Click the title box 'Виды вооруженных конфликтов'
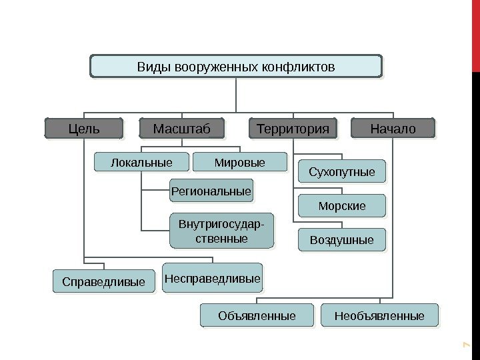(236, 67)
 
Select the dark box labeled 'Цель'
(84, 128)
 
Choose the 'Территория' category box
(293, 128)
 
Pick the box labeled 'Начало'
(392, 128)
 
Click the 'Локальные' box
(141, 162)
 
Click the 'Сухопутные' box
(342, 173)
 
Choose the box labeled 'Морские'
(342, 206)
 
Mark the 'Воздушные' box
(342, 239)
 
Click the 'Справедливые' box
(103, 282)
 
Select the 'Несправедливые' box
(213, 277)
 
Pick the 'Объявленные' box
(257, 315)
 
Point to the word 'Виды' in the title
(150, 67)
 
